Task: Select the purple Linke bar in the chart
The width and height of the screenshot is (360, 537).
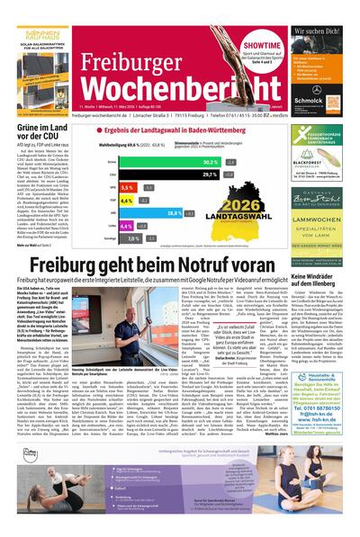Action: (122, 227)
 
